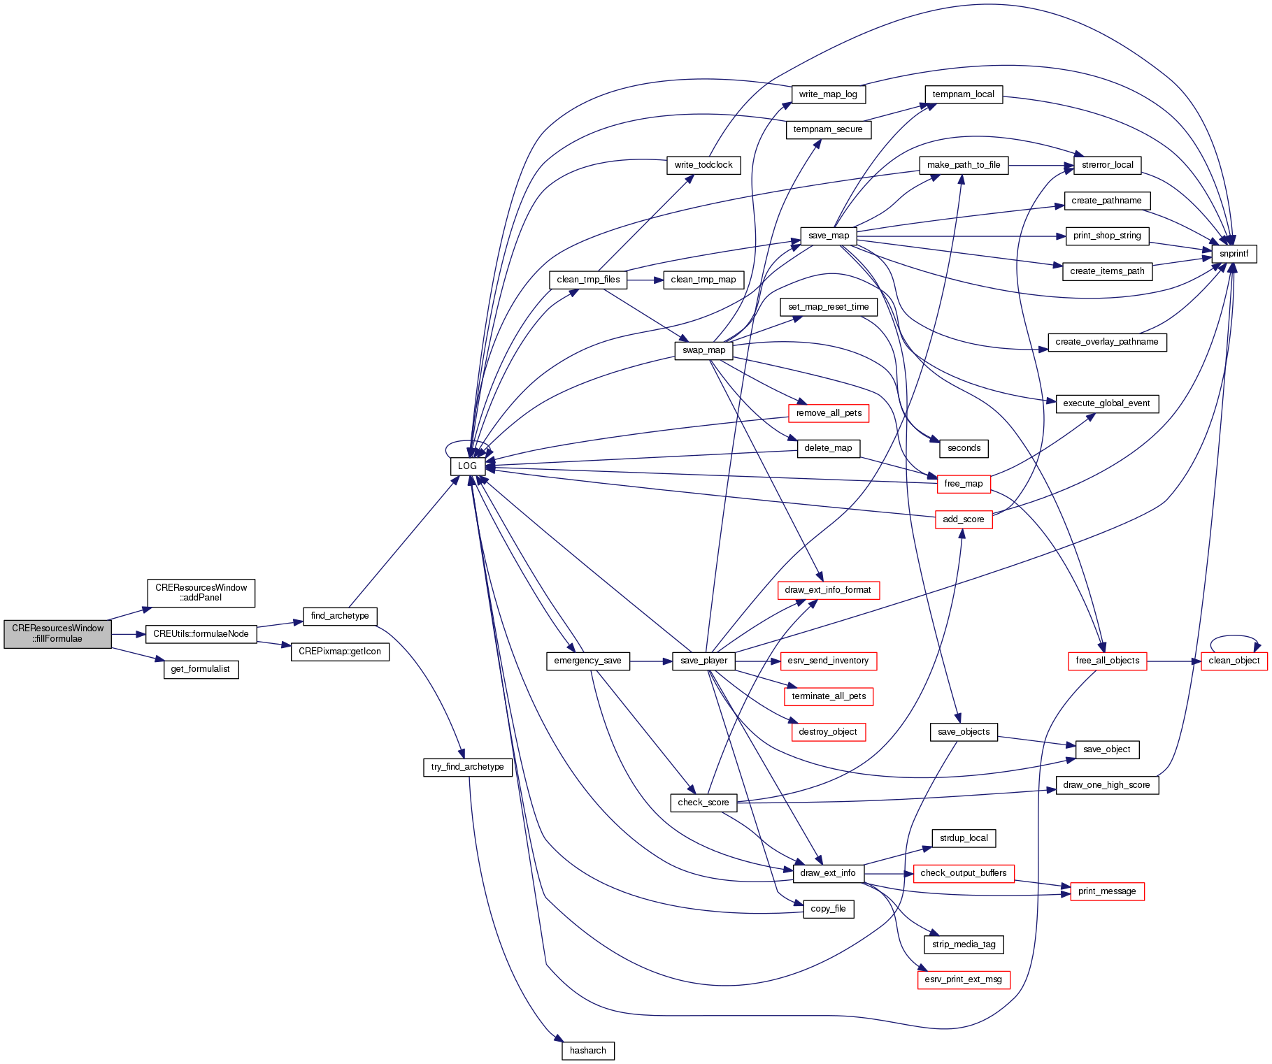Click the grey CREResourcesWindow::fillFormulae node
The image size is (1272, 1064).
(57, 633)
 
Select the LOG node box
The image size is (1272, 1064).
(467, 466)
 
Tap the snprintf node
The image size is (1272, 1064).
(1234, 254)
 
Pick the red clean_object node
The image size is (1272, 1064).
(1234, 661)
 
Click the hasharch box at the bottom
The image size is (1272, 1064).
(587, 1050)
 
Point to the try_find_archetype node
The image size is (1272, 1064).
(467, 767)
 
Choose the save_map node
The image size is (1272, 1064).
(828, 236)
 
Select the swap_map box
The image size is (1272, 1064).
(703, 350)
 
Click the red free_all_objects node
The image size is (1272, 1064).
(1107, 661)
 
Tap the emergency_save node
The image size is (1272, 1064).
(587, 661)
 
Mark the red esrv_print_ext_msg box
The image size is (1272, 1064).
(963, 979)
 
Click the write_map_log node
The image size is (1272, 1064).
(828, 94)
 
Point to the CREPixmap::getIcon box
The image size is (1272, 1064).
(340, 652)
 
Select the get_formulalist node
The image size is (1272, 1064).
(200, 669)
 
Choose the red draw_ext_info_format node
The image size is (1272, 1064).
(828, 590)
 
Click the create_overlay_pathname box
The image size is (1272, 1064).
(1106, 342)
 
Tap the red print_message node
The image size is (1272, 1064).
(1107, 891)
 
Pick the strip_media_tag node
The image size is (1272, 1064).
(963, 944)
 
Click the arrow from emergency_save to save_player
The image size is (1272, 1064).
(650, 661)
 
